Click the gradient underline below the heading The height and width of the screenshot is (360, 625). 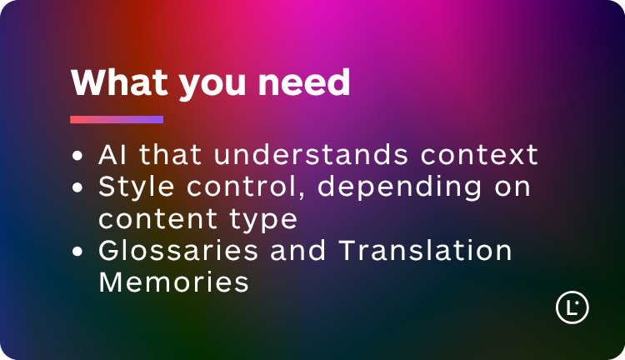point(117,119)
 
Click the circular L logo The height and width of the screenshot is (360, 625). point(572,307)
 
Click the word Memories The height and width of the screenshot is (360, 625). point(173,282)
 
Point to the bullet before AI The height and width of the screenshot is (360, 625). point(78,156)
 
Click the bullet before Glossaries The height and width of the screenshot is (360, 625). point(78,251)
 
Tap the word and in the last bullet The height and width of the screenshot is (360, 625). point(302,250)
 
